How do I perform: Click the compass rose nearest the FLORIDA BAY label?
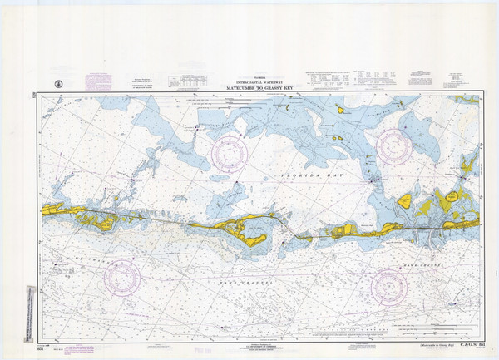coord(231,150)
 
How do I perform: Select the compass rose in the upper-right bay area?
coord(393,145)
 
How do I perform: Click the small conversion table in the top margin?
coord(187,81)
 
